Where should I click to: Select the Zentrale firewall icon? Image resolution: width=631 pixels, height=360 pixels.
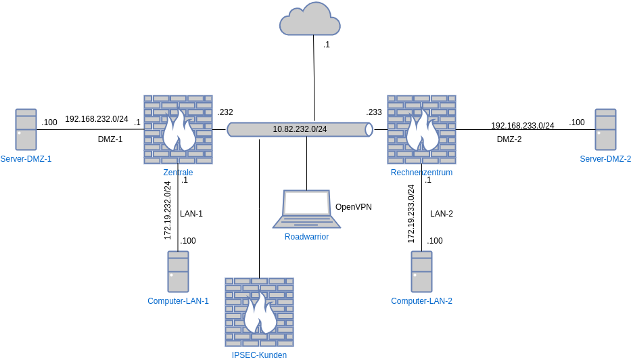point(178,129)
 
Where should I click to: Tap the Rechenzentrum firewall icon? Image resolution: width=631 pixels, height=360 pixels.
point(421,129)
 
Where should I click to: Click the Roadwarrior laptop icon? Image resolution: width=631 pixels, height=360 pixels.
point(306,209)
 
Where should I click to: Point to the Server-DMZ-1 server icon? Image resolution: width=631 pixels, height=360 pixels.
point(26,129)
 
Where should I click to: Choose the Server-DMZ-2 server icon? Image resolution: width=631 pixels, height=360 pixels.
point(605,129)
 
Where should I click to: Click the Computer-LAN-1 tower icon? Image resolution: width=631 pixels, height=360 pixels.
point(178,271)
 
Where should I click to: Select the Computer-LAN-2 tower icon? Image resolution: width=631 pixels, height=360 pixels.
point(421,271)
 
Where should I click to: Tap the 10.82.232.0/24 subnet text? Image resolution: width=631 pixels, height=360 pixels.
point(300,129)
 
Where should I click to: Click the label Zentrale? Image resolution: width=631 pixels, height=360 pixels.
point(178,173)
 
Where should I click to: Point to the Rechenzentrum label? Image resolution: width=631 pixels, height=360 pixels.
point(421,173)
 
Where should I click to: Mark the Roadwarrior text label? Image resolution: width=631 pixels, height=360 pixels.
point(306,237)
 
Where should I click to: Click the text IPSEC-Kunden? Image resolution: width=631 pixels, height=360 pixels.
point(259,355)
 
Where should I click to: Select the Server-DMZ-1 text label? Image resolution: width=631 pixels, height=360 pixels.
point(26,159)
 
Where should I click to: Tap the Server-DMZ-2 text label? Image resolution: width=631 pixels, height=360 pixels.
point(605,159)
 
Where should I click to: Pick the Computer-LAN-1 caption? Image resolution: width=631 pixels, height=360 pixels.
point(178,301)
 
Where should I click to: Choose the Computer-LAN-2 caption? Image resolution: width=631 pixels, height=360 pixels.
point(421,301)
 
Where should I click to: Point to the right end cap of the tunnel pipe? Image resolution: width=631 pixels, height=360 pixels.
point(369,129)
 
